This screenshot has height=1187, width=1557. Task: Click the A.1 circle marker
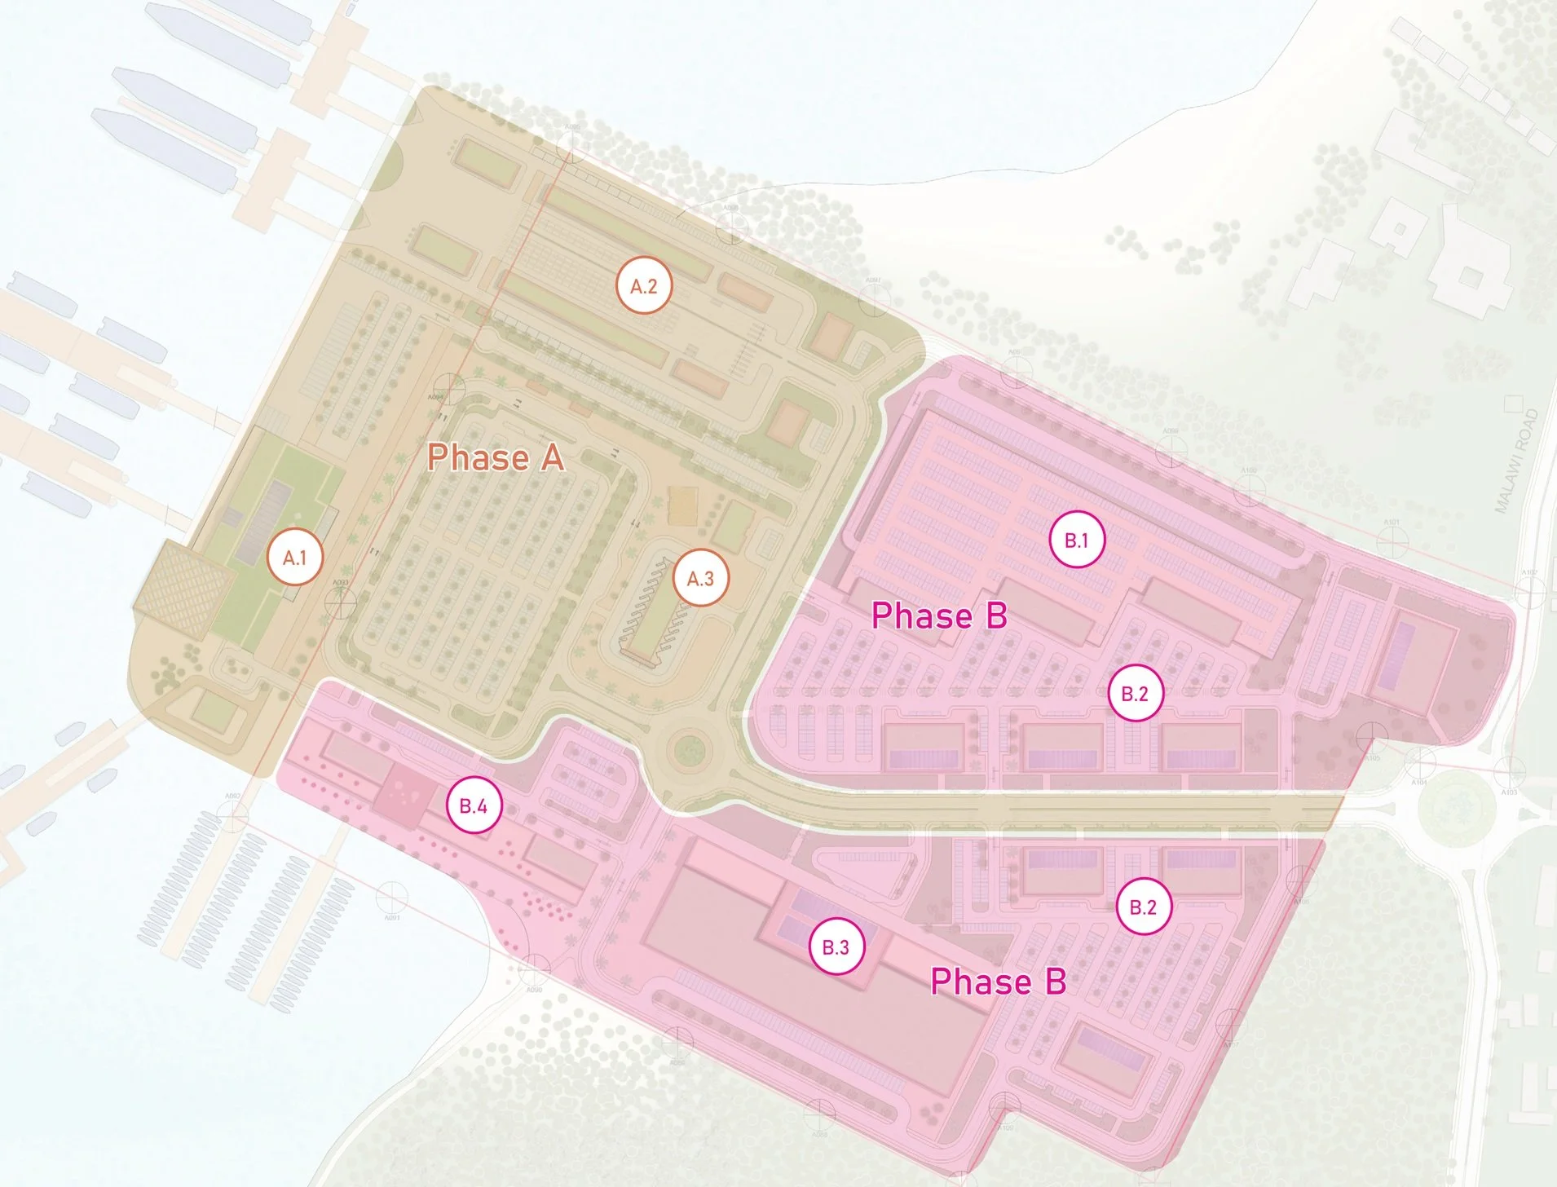(x=295, y=558)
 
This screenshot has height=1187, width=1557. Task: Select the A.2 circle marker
(x=644, y=286)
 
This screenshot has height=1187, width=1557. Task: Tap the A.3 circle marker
(x=700, y=578)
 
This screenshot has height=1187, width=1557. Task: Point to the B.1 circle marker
(x=1077, y=540)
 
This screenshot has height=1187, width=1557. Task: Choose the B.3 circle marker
(x=836, y=947)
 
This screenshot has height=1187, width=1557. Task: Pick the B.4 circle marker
(x=474, y=805)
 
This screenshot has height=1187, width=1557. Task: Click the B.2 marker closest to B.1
(x=1135, y=693)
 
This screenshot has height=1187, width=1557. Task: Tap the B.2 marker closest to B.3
(x=1143, y=907)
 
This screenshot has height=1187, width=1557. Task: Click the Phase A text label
(x=496, y=457)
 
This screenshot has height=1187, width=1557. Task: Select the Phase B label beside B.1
(x=939, y=616)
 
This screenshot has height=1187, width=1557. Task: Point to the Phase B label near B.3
(x=999, y=982)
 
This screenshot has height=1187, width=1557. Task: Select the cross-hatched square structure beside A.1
(x=183, y=589)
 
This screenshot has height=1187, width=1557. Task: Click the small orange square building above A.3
(x=682, y=505)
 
